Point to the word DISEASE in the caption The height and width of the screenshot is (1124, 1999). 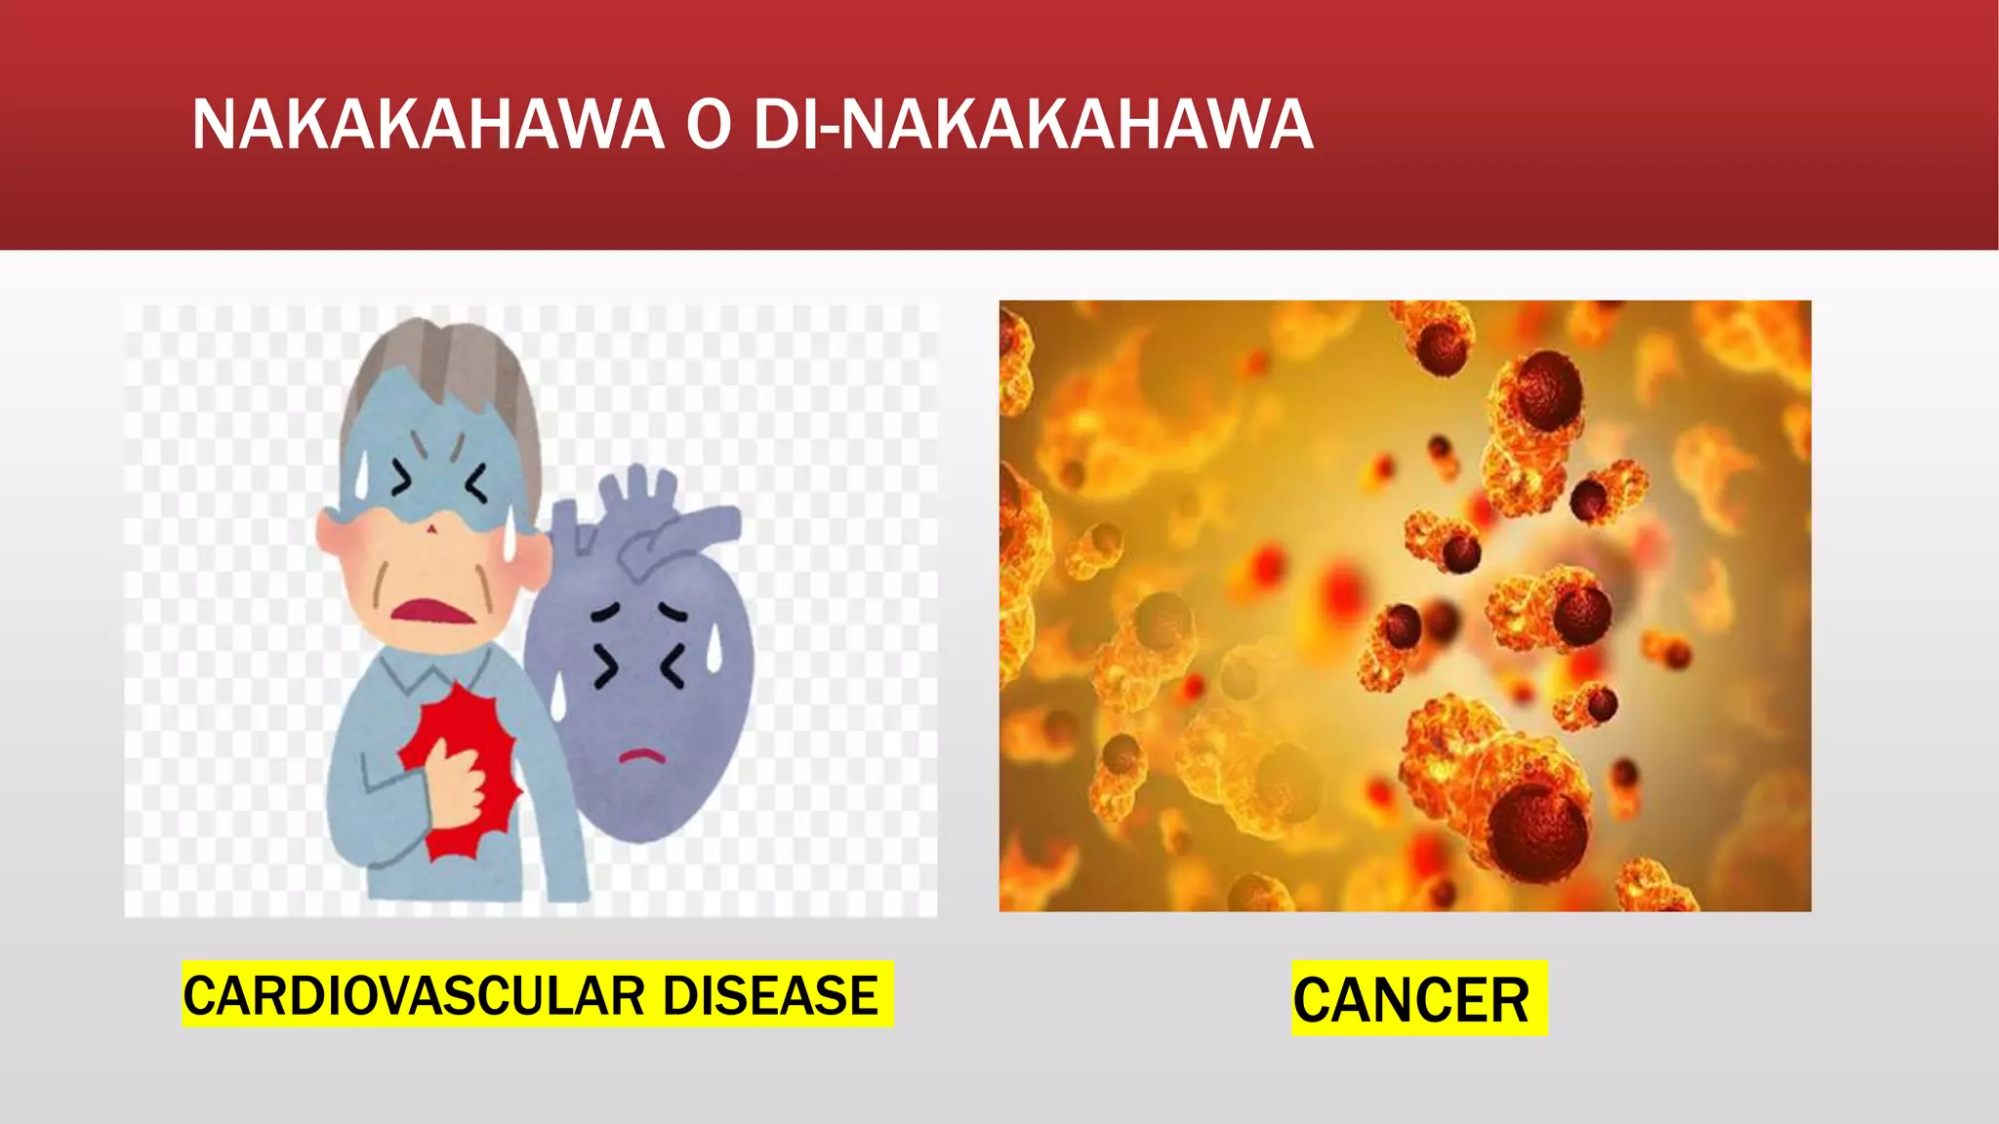coord(770,996)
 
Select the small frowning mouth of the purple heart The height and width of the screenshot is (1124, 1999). coord(642,754)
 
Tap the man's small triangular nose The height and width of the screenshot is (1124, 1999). coord(431,527)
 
